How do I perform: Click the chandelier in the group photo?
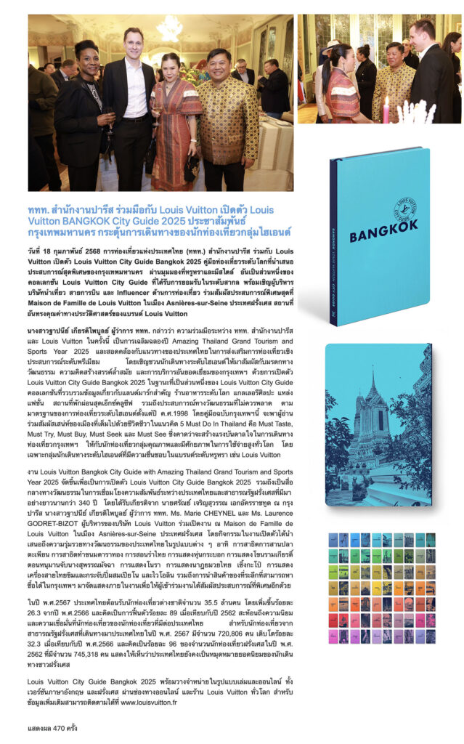pyautogui.click(x=168, y=28)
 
